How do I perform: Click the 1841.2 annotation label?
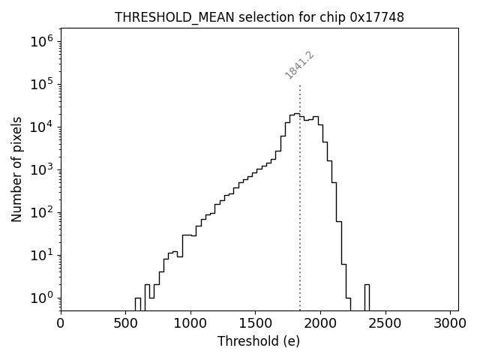299,65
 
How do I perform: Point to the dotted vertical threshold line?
300,195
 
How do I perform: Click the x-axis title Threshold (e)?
259,341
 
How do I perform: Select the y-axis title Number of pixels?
17,169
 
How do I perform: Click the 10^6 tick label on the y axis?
41,41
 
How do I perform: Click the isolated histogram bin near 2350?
367,297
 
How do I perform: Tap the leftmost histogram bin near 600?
138,304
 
